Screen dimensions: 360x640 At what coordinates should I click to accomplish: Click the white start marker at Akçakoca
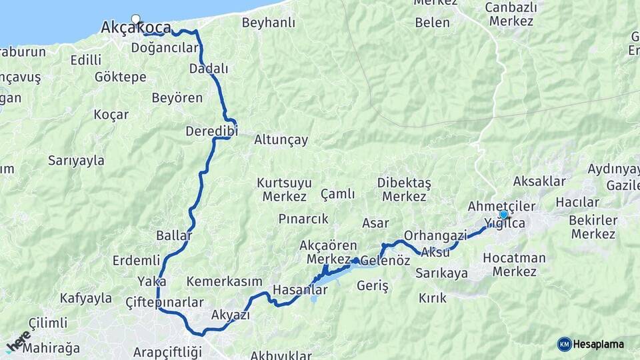pyautogui.click(x=136, y=19)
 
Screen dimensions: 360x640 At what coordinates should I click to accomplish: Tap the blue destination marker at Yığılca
pyautogui.click(x=503, y=215)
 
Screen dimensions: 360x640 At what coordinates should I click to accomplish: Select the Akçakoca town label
pyautogui.click(x=135, y=28)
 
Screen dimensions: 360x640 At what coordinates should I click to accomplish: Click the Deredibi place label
pyautogui.click(x=211, y=131)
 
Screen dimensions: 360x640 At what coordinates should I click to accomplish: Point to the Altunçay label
pyautogui.click(x=281, y=140)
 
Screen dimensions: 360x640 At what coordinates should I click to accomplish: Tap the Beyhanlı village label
pyautogui.click(x=268, y=23)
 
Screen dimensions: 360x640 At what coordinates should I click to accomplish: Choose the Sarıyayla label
pyautogui.click(x=76, y=160)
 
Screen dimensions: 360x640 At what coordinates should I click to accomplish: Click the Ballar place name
pyautogui.click(x=173, y=236)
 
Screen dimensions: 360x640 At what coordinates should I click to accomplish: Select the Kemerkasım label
pyautogui.click(x=224, y=281)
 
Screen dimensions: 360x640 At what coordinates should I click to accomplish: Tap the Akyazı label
pyautogui.click(x=230, y=315)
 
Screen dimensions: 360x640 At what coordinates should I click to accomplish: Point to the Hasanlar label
pyautogui.click(x=300, y=290)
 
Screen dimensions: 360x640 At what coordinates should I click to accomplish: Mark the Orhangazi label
pyautogui.click(x=435, y=235)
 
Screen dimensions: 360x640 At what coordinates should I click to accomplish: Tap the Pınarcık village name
pyautogui.click(x=303, y=219)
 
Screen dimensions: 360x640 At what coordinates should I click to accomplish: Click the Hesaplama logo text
pyautogui.click(x=599, y=344)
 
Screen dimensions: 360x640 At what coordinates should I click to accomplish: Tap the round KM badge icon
pyautogui.click(x=564, y=344)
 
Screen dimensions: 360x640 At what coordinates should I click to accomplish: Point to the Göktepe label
pyautogui.click(x=120, y=77)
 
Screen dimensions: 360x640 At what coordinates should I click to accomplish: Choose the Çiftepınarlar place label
pyautogui.click(x=163, y=302)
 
